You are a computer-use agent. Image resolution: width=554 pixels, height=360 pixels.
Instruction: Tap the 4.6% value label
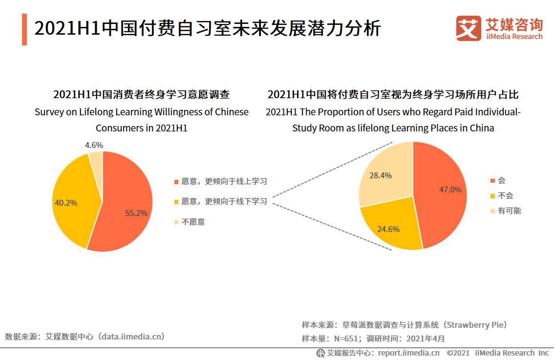[94, 145]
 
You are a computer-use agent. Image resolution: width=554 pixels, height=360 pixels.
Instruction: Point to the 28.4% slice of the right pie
[384, 173]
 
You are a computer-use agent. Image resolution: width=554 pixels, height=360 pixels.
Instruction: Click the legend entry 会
[501, 180]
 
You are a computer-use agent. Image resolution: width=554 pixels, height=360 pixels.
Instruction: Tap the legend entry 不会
[505, 195]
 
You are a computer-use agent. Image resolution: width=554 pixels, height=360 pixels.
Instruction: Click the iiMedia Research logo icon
[468, 28]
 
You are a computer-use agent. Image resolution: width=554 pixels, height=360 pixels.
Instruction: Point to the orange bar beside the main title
[24, 29]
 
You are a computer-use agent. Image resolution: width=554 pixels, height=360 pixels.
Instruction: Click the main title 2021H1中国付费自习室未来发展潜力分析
[207, 28]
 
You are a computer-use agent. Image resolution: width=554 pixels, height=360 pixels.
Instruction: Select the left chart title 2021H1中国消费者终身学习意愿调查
[141, 94]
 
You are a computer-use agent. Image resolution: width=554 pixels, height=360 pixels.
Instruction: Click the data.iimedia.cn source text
[132, 336]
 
